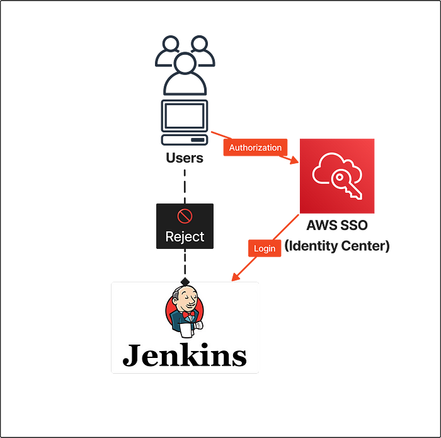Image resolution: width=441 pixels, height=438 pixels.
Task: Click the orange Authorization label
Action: (255, 147)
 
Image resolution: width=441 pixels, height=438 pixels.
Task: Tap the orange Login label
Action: (265, 248)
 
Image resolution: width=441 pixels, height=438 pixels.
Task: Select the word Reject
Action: (185, 237)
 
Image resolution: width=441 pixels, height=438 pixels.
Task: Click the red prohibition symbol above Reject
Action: (185, 216)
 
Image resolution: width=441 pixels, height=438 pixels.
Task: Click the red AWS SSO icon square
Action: (337, 176)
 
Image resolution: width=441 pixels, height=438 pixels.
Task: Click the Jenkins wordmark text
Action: (185, 355)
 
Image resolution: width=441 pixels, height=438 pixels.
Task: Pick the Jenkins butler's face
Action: (186, 299)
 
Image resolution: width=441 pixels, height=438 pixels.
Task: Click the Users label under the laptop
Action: (184, 158)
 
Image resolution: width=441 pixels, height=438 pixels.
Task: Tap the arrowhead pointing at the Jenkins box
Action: (234, 277)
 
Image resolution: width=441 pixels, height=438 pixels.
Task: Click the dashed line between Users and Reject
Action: (185, 183)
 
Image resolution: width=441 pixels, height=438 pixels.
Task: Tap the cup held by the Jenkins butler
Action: (185, 328)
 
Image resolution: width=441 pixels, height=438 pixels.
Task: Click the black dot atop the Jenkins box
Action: (185, 281)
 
